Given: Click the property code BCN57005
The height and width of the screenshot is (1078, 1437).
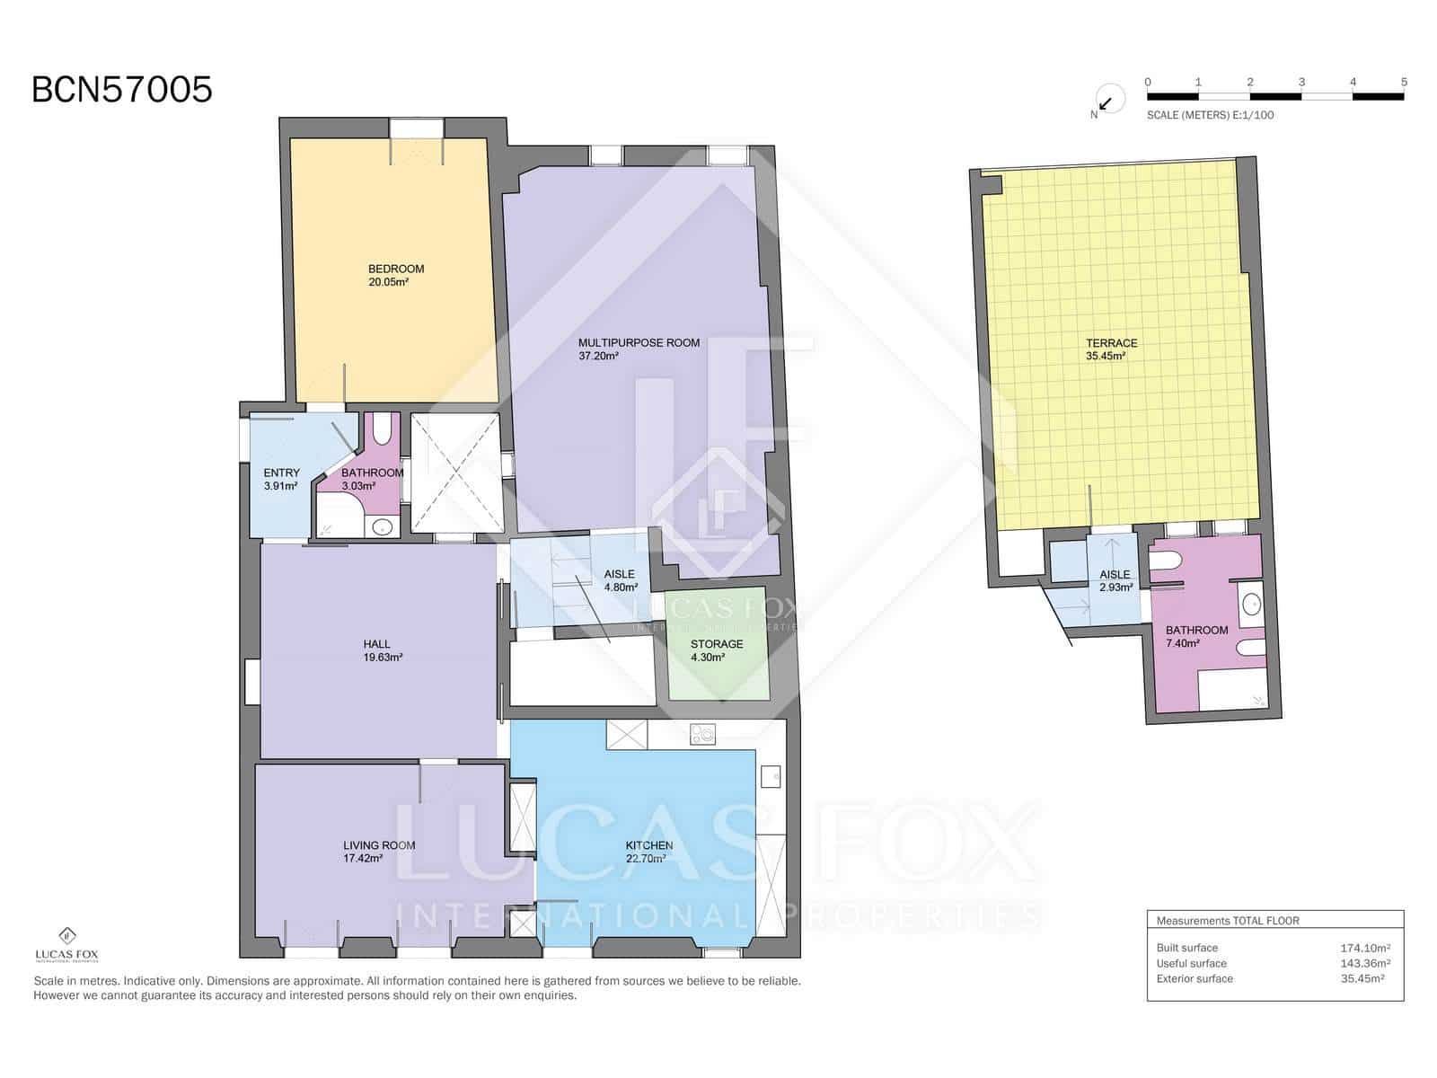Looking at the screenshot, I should coord(122,90).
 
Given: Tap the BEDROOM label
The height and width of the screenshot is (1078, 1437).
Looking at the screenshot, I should coord(395,269).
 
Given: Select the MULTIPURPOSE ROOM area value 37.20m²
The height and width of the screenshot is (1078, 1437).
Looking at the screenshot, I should coord(598,357).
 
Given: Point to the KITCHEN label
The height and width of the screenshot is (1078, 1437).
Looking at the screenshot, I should coord(648,845).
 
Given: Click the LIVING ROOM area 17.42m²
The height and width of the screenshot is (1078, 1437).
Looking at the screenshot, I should coord(363,859).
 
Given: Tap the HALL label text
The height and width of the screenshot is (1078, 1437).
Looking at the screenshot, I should coord(376,644).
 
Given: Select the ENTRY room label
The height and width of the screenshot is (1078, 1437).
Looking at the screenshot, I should coord(281,473).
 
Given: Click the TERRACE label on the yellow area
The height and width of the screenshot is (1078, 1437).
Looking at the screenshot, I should coord(1111,343).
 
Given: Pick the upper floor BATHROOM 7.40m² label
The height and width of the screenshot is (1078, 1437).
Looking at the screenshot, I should coord(1196,631).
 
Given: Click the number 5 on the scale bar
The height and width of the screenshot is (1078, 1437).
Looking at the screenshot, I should coord(1404,82).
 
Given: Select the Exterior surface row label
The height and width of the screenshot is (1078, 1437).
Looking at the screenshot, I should coord(1195,978).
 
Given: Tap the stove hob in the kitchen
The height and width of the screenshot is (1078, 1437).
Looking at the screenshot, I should coord(702,735).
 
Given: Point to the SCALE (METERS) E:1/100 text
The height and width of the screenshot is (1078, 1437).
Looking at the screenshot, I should coord(1210,115).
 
